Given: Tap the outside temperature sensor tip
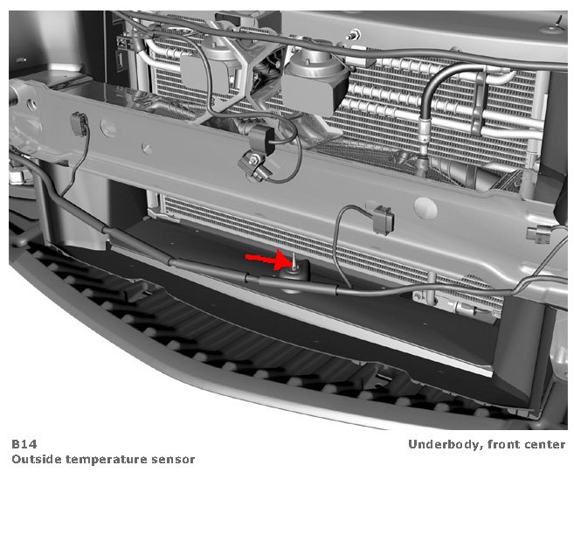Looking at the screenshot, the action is coord(294,261).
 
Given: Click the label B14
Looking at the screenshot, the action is coord(24,444).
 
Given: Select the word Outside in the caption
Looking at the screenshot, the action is coord(37,459).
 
